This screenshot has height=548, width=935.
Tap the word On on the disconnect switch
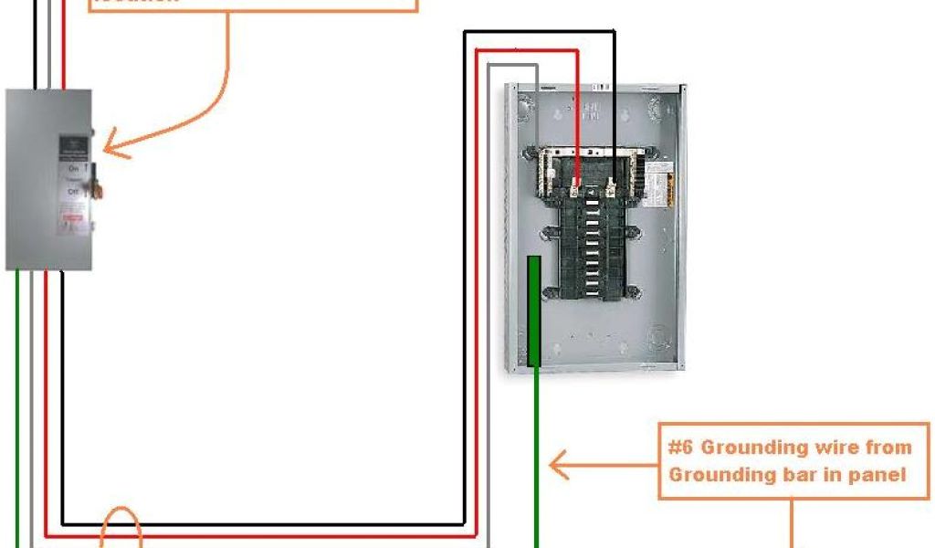coord(73,169)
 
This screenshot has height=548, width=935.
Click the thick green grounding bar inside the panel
coord(534,311)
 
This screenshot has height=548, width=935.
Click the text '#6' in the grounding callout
coord(679,448)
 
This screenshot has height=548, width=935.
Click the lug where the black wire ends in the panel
coord(613,190)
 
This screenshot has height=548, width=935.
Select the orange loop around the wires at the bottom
coord(121,528)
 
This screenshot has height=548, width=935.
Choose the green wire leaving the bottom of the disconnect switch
coord(17,365)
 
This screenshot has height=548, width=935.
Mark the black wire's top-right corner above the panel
coord(615,32)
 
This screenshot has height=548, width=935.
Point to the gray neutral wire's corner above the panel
coord(536,66)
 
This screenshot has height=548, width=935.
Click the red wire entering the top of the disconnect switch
coord(63,55)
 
